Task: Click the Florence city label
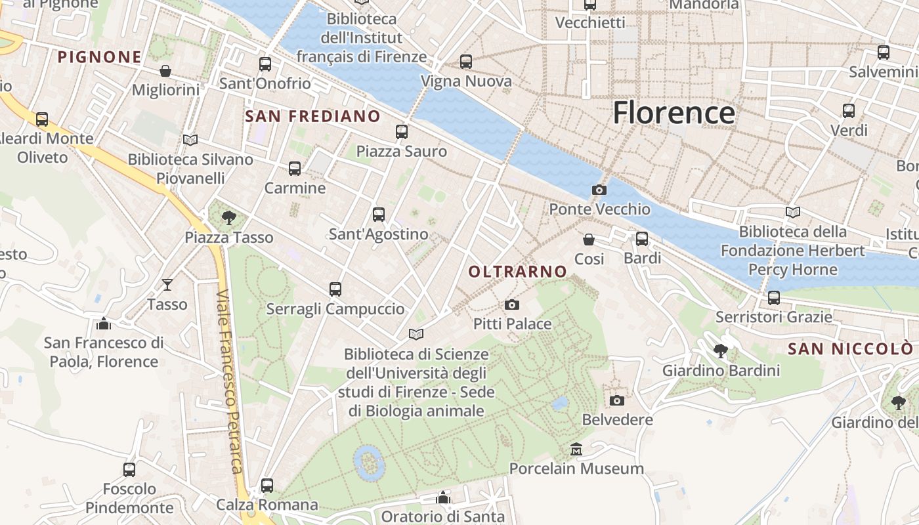[x=673, y=113]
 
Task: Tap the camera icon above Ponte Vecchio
[x=599, y=190]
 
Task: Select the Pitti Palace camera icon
[x=512, y=304]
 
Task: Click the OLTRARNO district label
[x=518, y=271]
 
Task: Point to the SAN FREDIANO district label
[x=312, y=116]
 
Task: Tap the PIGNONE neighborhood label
[x=100, y=57]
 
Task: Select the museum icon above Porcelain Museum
[x=576, y=450]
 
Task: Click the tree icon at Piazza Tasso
[x=228, y=217]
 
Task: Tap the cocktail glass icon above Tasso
[x=167, y=284]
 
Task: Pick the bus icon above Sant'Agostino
[x=378, y=214]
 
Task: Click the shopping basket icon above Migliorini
[x=165, y=70]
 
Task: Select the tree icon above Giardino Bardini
[x=721, y=351]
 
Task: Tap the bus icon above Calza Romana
[x=267, y=486]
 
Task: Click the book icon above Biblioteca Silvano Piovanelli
[x=190, y=140]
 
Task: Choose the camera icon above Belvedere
[x=617, y=400]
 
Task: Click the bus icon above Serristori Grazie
[x=774, y=298]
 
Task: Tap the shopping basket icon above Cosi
[x=589, y=240]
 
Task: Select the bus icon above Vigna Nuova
[x=466, y=62]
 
